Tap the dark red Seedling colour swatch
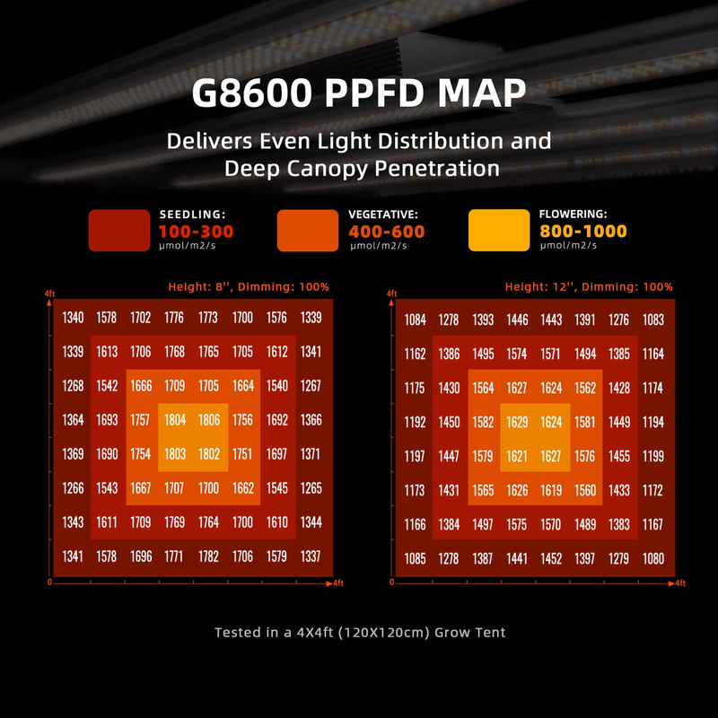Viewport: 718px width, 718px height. pyautogui.click(x=118, y=231)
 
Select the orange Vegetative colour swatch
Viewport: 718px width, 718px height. pyautogui.click(x=308, y=231)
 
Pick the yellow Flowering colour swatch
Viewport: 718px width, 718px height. pyautogui.click(x=499, y=231)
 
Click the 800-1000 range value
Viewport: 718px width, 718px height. pyautogui.click(x=582, y=232)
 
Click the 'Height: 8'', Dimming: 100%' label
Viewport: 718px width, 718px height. pyautogui.click(x=249, y=287)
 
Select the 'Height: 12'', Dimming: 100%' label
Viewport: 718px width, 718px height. pyautogui.click(x=589, y=287)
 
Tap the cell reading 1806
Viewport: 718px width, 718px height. pyautogui.click(x=208, y=419)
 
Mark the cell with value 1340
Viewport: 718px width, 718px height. pyautogui.click(x=74, y=317)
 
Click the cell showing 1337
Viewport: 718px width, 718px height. pyautogui.click(x=310, y=556)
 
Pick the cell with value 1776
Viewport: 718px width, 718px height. pyautogui.click(x=174, y=317)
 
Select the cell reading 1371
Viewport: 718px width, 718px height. pyautogui.click(x=310, y=454)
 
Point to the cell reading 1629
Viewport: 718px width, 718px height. pyautogui.click(x=518, y=422)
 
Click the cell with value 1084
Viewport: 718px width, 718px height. pyautogui.click(x=415, y=320)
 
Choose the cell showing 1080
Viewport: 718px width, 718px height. pyautogui.click(x=653, y=559)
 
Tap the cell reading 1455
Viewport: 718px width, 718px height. pyautogui.click(x=619, y=456)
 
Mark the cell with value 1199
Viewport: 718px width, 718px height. pyautogui.click(x=653, y=456)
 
